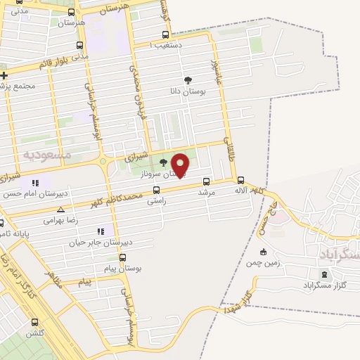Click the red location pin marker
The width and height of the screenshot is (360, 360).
180,165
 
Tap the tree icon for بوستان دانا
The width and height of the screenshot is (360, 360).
187,80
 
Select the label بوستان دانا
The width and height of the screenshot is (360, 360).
187,92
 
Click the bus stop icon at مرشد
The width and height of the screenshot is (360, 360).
205,180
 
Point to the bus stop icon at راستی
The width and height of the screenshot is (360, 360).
155,189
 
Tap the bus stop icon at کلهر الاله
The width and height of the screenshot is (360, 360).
241,179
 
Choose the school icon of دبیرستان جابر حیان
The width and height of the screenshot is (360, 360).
101,231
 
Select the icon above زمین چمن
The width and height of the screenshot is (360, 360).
263,252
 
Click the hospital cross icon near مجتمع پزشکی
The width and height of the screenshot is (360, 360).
4,75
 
